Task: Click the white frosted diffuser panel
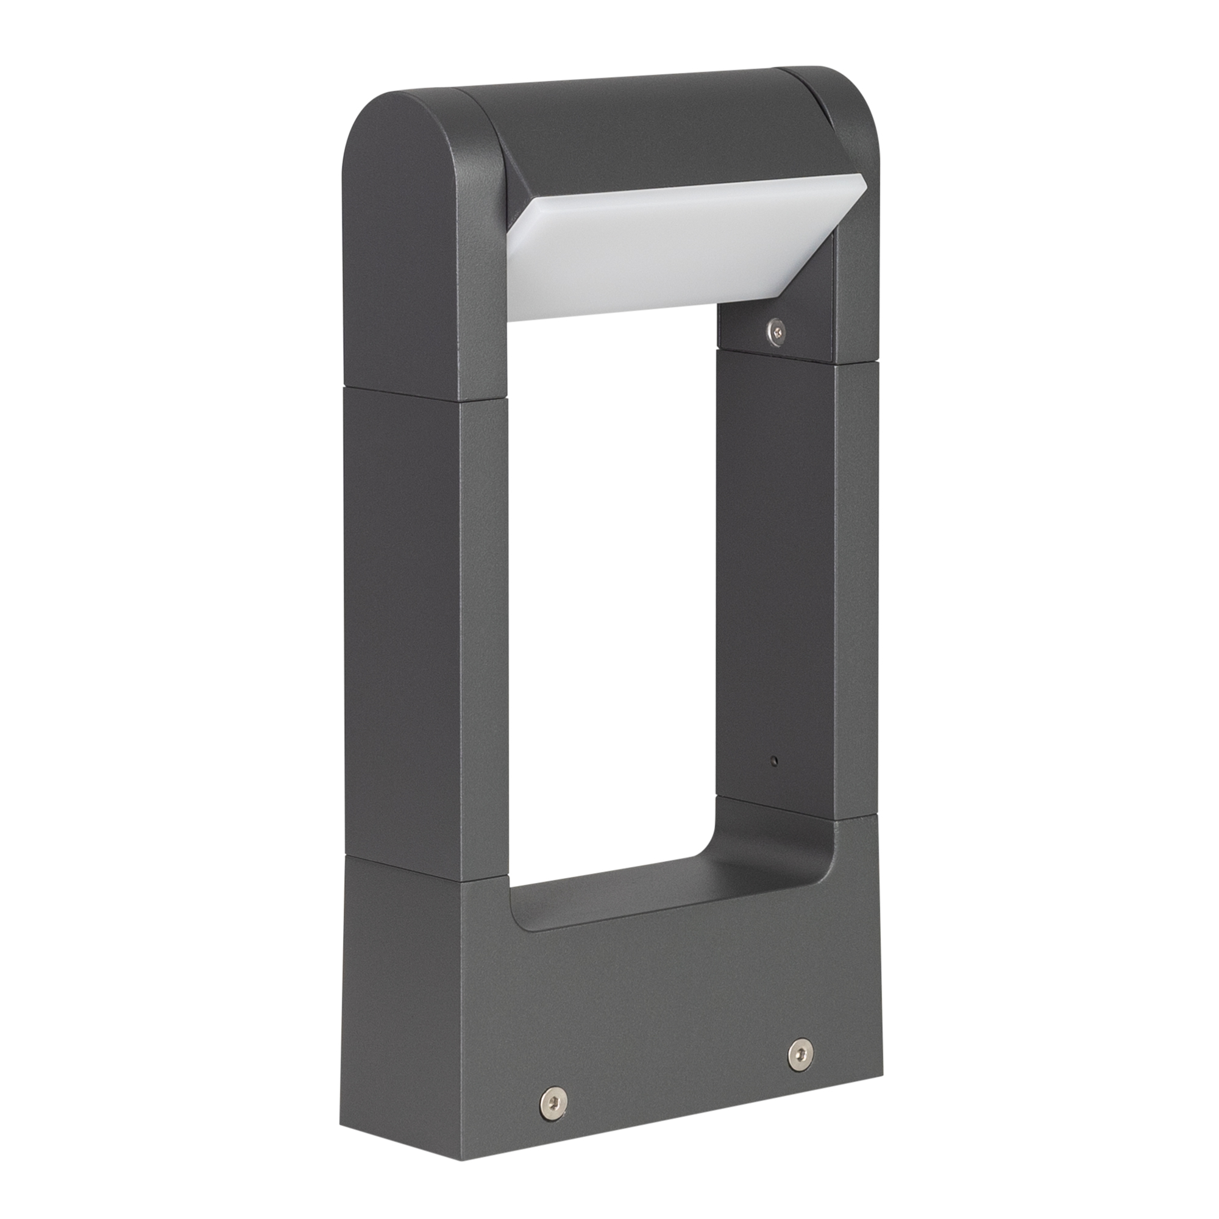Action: [669, 252]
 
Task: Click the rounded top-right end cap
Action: [833, 94]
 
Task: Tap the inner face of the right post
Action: [776, 568]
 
